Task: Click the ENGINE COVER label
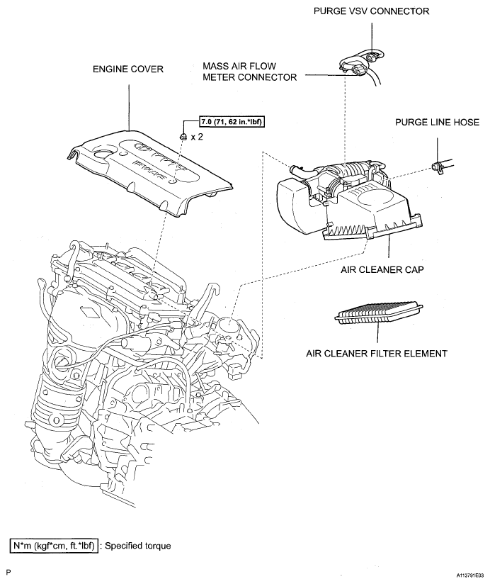coord(129,69)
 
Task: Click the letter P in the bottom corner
coord(8,571)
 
